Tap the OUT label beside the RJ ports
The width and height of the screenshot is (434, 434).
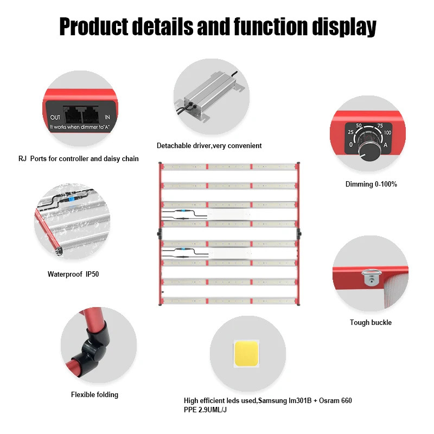55,117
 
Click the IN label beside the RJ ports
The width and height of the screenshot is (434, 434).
107,117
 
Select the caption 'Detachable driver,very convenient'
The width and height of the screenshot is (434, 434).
209,145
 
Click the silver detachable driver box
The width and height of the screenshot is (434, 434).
209,98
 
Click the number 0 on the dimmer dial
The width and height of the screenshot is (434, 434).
351,145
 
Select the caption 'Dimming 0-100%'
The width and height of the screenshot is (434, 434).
371,184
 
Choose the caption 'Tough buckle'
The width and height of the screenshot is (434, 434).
371,322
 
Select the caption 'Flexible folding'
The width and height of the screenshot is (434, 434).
94,394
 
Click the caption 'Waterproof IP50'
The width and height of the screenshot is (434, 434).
73,274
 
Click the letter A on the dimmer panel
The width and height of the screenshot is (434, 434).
385,145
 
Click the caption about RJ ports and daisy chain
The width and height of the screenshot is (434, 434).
78,159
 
